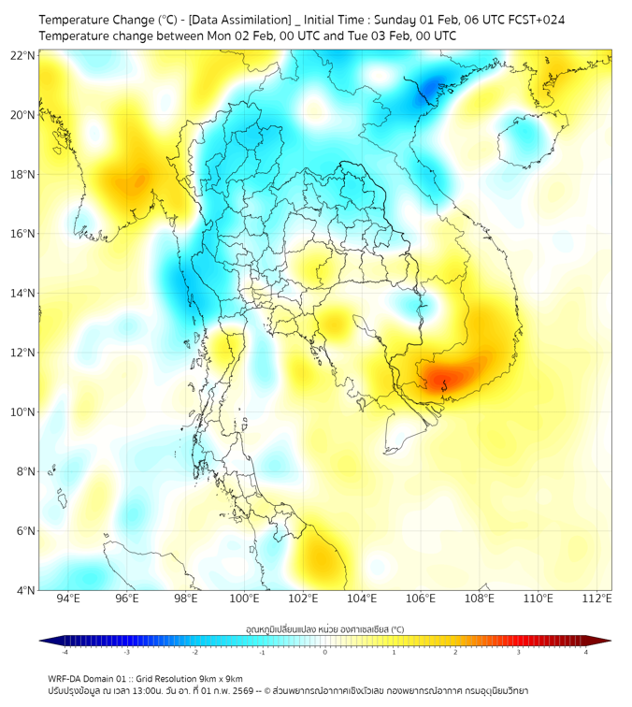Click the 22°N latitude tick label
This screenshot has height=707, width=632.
[23, 55]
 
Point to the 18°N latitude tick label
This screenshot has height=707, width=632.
[23, 175]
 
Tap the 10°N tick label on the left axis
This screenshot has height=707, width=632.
[23, 412]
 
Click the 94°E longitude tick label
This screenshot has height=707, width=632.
[68, 599]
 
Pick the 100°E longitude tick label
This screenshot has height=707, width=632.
[245, 599]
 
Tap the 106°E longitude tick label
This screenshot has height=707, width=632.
[422, 599]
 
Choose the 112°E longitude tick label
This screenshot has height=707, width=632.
[597, 599]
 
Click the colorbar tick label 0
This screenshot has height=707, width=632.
[325, 651]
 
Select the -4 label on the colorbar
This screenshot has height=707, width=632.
[64, 651]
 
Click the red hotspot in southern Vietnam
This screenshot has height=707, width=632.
[441, 379]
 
